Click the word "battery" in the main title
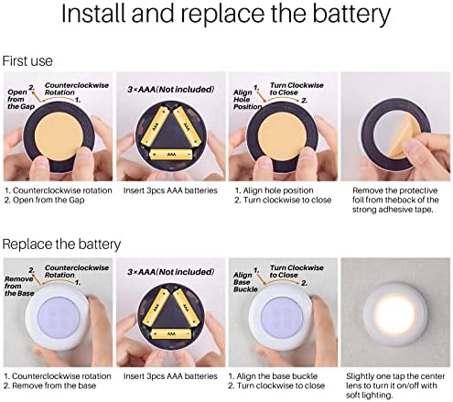coord(351,14)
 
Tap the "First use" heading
coord(27,61)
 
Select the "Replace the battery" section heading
coord(61,244)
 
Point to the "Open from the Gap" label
coord(21,99)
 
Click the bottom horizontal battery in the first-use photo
coord(171,154)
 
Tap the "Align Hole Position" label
coord(247,100)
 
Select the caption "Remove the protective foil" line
coord(394,190)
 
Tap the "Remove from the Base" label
coord(19,286)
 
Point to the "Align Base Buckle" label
coord(245,282)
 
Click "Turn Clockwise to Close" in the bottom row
coord(297,271)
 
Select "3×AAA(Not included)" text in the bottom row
coord(171,272)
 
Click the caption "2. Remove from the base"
coord(50,386)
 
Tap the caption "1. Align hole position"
coord(274,190)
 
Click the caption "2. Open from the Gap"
coord(45,201)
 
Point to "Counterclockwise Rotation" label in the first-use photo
coord(77,89)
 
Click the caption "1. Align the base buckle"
coord(273,376)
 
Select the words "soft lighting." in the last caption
coord(370,396)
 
